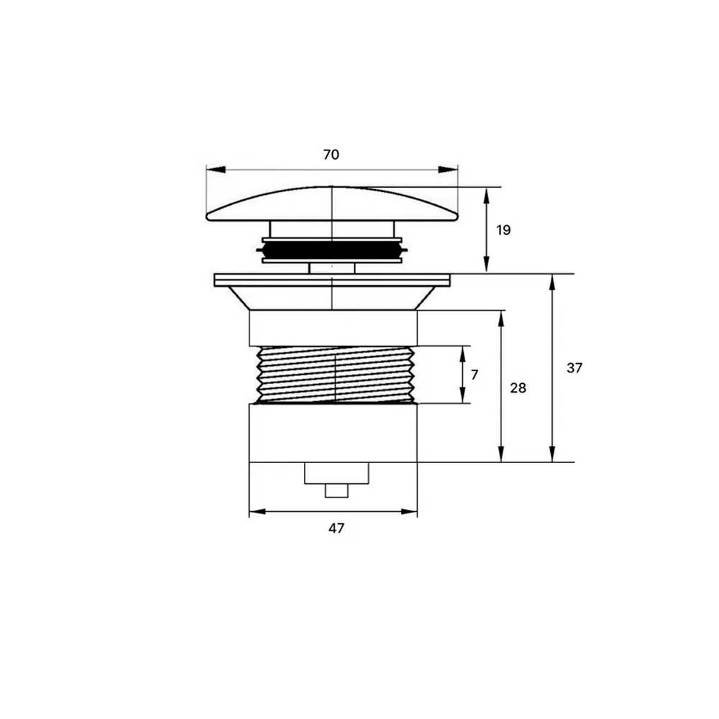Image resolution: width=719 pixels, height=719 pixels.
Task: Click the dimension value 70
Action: pyautogui.click(x=331, y=155)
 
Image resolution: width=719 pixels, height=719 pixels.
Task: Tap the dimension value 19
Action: pyautogui.click(x=503, y=230)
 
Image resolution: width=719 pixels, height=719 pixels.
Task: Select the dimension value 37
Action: pyautogui.click(x=574, y=367)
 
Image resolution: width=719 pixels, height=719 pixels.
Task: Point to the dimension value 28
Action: pyautogui.click(x=518, y=388)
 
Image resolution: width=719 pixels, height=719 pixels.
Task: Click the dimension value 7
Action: pyautogui.click(x=475, y=375)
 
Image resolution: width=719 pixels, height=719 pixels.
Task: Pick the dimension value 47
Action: pyautogui.click(x=336, y=528)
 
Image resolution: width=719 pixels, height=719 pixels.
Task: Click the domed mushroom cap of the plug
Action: pyautogui.click(x=332, y=204)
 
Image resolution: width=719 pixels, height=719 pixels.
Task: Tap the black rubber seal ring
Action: pyautogui.click(x=332, y=250)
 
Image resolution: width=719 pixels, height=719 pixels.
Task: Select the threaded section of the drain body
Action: pyautogui.click(x=336, y=375)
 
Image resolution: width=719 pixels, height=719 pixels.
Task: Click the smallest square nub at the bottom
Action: pyautogui.click(x=336, y=490)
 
